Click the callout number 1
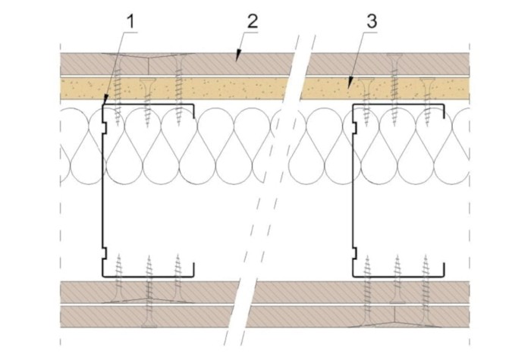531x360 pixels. click(x=130, y=22)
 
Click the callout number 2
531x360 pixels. click(x=253, y=22)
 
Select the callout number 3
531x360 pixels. click(x=372, y=22)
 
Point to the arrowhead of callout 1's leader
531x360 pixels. click(x=105, y=100)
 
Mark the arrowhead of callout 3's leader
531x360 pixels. click(x=350, y=83)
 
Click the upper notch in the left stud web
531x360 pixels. click(x=105, y=127)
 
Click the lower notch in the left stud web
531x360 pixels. click(x=105, y=253)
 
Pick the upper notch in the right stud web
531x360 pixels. click(x=354, y=127)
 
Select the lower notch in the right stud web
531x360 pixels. click(x=354, y=253)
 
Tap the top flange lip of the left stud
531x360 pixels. click(x=193, y=111)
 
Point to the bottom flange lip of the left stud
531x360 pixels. click(x=193, y=270)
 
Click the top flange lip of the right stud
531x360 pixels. click(x=443, y=111)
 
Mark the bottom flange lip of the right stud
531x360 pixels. click(x=443, y=270)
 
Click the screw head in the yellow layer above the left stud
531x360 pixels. click(x=148, y=80)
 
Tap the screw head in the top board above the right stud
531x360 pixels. click(x=394, y=55)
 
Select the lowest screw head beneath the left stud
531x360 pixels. click(x=149, y=325)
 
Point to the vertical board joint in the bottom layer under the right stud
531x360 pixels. click(x=395, y=316)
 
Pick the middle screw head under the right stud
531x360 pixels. click(x=397, y=301)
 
